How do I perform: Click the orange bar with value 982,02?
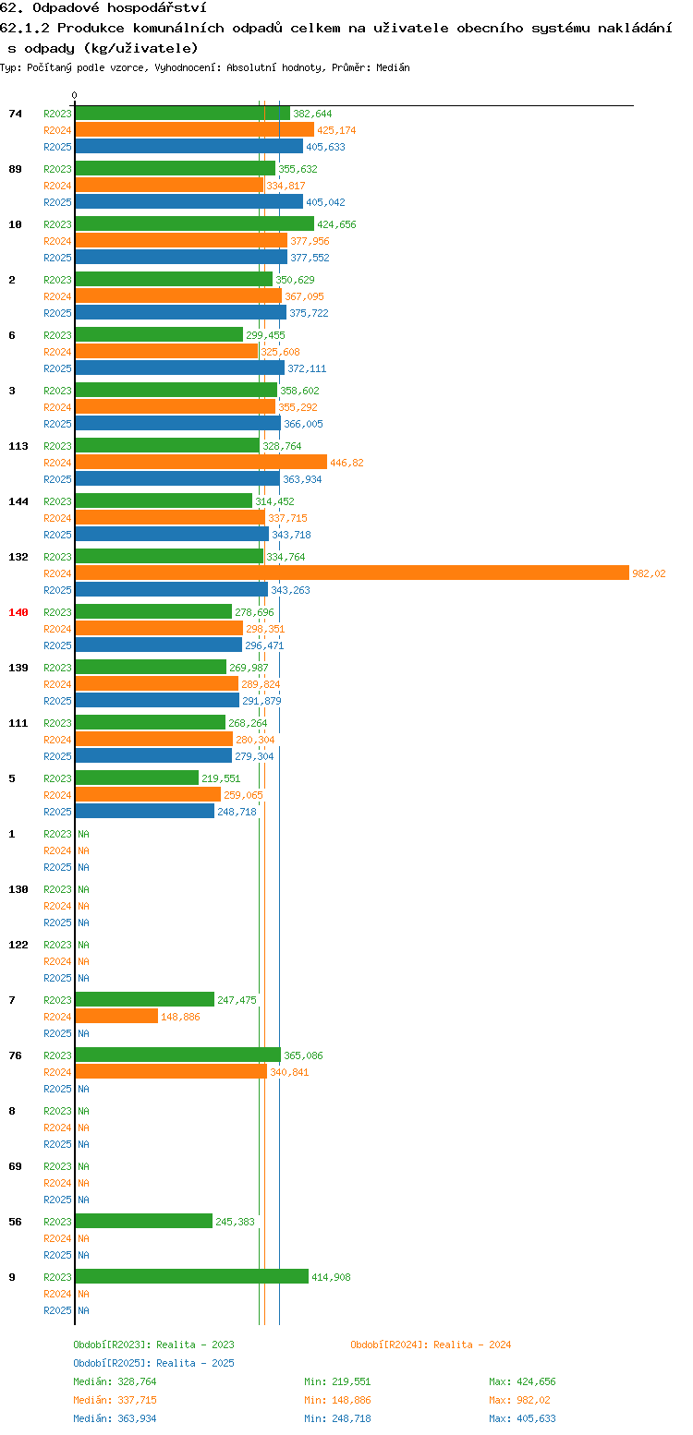coord(352,573)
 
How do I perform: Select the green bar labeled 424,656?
coord(195,223)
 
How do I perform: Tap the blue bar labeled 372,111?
coord(180,368)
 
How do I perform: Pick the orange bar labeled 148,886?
coord(116,1016)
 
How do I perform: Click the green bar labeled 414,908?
coord(192,1276)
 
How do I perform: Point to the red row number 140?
coord(18,612)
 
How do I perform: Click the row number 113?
coord(18,446)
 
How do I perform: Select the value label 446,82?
coord(346,463)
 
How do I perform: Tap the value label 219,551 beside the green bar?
coord(221,778)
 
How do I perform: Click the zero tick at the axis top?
coord(74,95)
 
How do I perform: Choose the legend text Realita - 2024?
coord(472,1345)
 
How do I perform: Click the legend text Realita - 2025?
coord(196,1363)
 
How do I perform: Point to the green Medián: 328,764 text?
coord(115,1381)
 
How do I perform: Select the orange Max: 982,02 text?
coord(519,1401)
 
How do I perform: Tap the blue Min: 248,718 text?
coord(337,1419)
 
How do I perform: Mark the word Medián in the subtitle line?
coord(393,67)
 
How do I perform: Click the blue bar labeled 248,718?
coord(145,811)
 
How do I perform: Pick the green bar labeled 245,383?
coord(144,1221)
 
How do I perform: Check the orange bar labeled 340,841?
coord(171,1071)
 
